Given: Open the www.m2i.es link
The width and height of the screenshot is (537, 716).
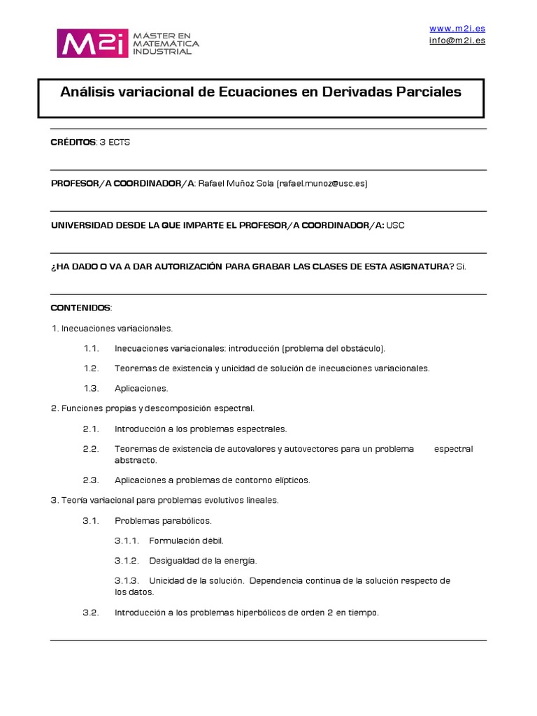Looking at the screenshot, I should pos(457,28).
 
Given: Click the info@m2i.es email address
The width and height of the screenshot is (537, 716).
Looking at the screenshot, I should pos(457,40).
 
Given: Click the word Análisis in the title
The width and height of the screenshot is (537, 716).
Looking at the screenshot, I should pos(86,92).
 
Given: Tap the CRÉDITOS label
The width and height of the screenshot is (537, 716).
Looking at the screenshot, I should pos(73,143).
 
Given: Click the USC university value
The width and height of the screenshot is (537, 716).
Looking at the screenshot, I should pos(396,225).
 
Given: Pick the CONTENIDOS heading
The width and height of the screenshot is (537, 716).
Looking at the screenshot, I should pos(80,308).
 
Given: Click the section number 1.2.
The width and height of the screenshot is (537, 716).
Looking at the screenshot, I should pos(91,368).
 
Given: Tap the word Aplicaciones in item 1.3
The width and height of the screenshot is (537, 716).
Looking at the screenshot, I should pos(141,388).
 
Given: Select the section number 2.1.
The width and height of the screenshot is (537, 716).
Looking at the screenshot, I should pos(91,429).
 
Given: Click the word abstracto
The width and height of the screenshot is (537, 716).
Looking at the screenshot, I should pos(136,460).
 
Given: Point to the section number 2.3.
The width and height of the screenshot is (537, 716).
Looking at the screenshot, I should pos(91,480).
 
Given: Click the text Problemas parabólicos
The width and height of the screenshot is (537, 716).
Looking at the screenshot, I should pos(162,521).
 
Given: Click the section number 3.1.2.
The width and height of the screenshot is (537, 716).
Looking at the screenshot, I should pos(127,561).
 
